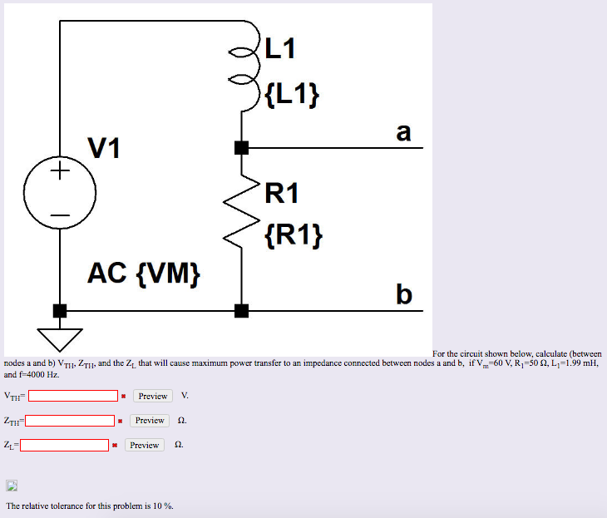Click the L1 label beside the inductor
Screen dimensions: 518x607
click(x=281, y=50)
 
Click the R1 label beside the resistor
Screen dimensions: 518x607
click(x=283, y=194)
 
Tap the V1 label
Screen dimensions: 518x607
click(x=105, y=149)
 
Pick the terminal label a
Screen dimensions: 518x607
click(x=403, y=131)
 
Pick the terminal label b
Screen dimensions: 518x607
click(x=404, y=294)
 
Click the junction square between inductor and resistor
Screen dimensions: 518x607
click(x=241, y=148)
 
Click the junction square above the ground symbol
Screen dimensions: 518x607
click(x=59, y=311)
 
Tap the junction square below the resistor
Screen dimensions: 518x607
click(x=241, y=311)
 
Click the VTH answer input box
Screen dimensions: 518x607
click(x=72, y=396)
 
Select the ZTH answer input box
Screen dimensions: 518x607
click(x=71, y=421)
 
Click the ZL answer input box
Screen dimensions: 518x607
click(x=65, y=445)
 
